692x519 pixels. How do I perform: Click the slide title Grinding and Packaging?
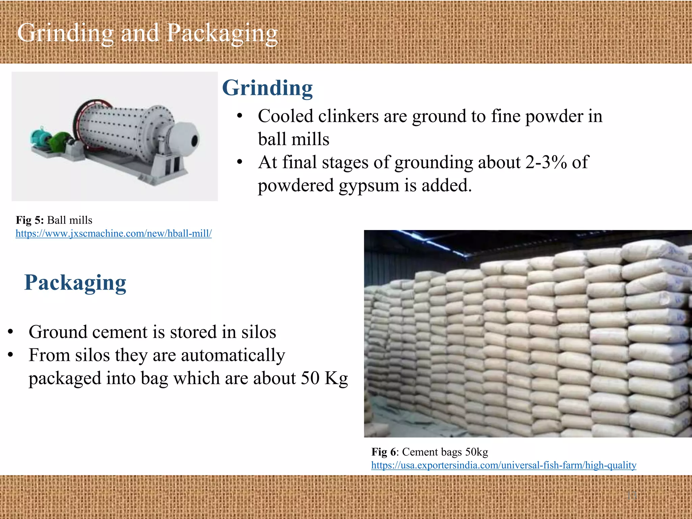point(147,33)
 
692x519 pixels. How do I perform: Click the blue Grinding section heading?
point(267,88)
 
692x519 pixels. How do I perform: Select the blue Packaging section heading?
point(75,282)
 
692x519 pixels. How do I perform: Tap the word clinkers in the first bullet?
point(348,116)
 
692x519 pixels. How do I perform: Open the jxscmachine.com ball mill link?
point(114,233)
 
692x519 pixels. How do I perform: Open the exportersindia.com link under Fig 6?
point(503,465)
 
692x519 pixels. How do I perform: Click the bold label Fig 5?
point(30,220)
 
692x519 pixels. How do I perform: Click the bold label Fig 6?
point(383,452)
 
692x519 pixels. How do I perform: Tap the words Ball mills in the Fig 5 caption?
point(70,220)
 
